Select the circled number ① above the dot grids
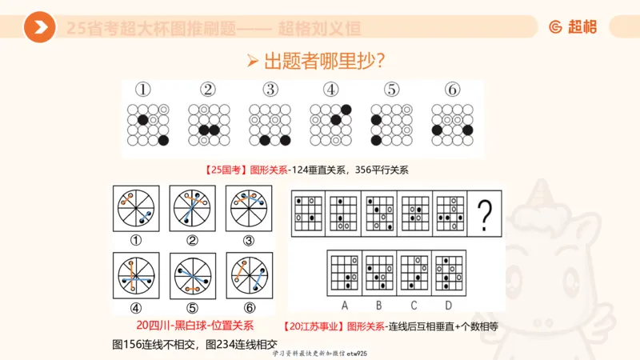147,90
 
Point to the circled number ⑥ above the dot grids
453,90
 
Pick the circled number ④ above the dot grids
331,90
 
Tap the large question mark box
483,214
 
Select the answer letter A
344,305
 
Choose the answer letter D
448,305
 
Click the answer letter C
414,305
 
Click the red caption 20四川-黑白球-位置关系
196,326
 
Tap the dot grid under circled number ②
209,125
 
